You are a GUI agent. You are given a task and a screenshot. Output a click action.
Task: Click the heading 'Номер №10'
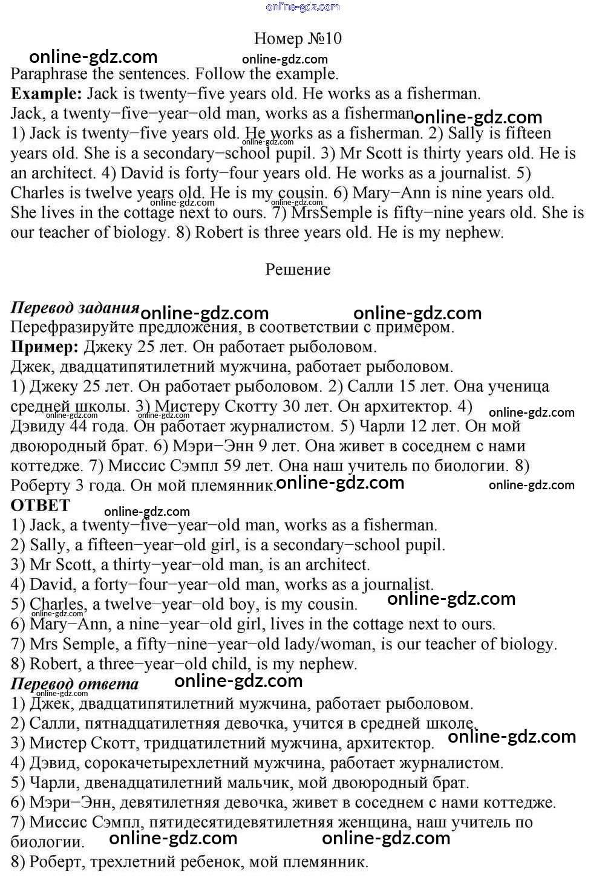point(298,39)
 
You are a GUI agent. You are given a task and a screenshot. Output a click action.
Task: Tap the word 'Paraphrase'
point(48,74)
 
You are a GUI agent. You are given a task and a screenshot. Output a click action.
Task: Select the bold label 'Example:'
point(47,94)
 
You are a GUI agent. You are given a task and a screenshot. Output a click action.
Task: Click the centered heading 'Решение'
point(298,269)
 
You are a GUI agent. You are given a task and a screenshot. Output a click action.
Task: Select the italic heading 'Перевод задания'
point(75,307)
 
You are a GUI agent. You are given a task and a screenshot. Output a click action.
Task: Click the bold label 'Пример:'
point(45,347)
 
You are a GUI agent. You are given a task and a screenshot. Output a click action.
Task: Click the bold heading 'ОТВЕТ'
point(41,506)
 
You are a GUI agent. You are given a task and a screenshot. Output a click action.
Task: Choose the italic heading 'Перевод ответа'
point(75,684)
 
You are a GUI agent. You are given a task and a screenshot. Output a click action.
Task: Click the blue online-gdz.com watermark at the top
point(302,7)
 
